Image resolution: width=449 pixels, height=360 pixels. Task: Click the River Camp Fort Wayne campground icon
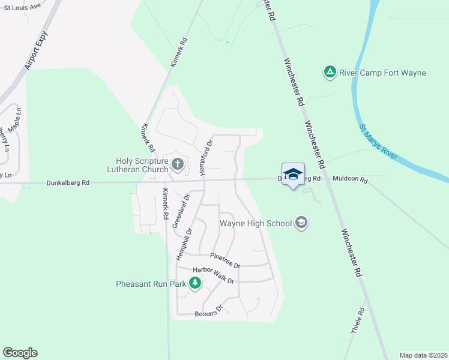(x=330, y=73)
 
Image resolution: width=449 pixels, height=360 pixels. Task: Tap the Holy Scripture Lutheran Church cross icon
(x=177, y=164)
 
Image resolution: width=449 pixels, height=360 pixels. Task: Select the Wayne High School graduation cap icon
(x=301, y=223)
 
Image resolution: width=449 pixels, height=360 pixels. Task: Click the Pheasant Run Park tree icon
(x=194, y=283)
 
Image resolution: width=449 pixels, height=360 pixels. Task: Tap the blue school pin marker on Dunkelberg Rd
(x=293, y=175)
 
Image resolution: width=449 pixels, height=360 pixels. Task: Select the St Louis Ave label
(x=22, y=6)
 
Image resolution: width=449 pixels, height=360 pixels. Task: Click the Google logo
(x=20, y=353)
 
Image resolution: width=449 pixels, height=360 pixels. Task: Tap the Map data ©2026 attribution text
(x=423, y=355)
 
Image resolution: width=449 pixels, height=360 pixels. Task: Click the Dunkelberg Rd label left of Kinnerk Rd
(x=68, y=183)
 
